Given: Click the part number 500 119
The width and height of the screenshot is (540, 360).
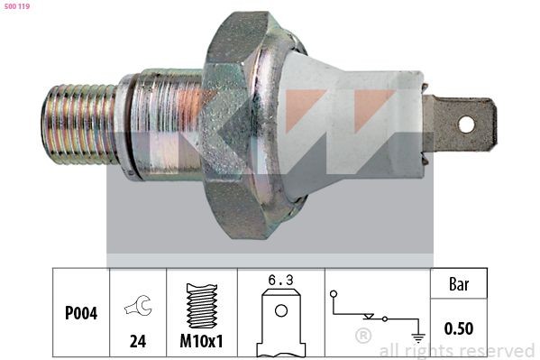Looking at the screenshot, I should (x=18, y=6).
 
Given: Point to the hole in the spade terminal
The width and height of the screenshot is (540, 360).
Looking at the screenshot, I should (x=465, y=124).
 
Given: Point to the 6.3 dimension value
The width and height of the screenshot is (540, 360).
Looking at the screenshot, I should (x=280, y=280).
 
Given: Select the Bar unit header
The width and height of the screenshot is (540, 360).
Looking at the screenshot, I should (x=459, y=283).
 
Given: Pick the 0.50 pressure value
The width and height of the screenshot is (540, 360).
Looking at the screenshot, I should (x=459, y=328).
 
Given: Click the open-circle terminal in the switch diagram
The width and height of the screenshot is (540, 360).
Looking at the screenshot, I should (x=334, y=294).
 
